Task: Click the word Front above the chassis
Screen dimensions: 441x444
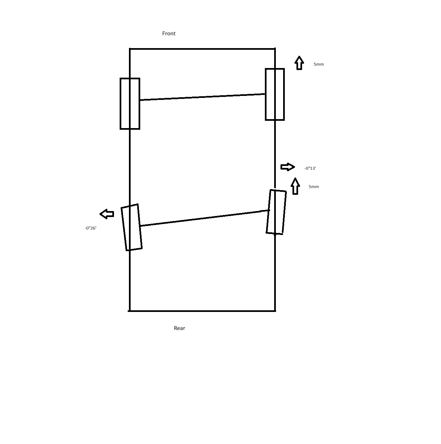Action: pyautogui.click(x=169, y=34)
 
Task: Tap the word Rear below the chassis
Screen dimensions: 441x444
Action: pyautogui.click(x=179, y=328)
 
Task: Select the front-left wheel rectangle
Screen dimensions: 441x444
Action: pyautogui.click(x=120, y=104)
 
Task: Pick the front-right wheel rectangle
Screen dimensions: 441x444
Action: pyautogui.click(x=266, y=94)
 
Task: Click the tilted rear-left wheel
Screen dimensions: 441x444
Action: pyautogui.click(x=124, y=229)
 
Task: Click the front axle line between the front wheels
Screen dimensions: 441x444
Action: pyautogui.click(x=202, y=97)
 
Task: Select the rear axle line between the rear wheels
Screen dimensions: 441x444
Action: pyautogui.click(x=204, y=218)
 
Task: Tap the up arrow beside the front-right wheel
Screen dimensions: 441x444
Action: pyautogui.click(x=299, y=63)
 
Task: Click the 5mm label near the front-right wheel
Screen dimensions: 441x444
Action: pyautogui.click(x=318, y=64)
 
